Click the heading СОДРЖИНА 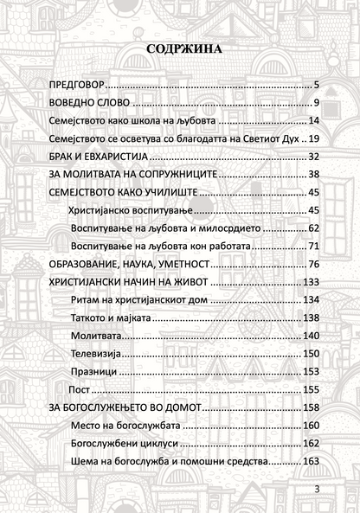click(x=183, y=49)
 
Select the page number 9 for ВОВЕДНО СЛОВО click(x=318, y=103)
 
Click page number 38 click(x=314, y=175)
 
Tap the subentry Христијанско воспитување click(x=127, y=210)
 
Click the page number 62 click(x=314, y=228)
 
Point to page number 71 click(x=314, y=247)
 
